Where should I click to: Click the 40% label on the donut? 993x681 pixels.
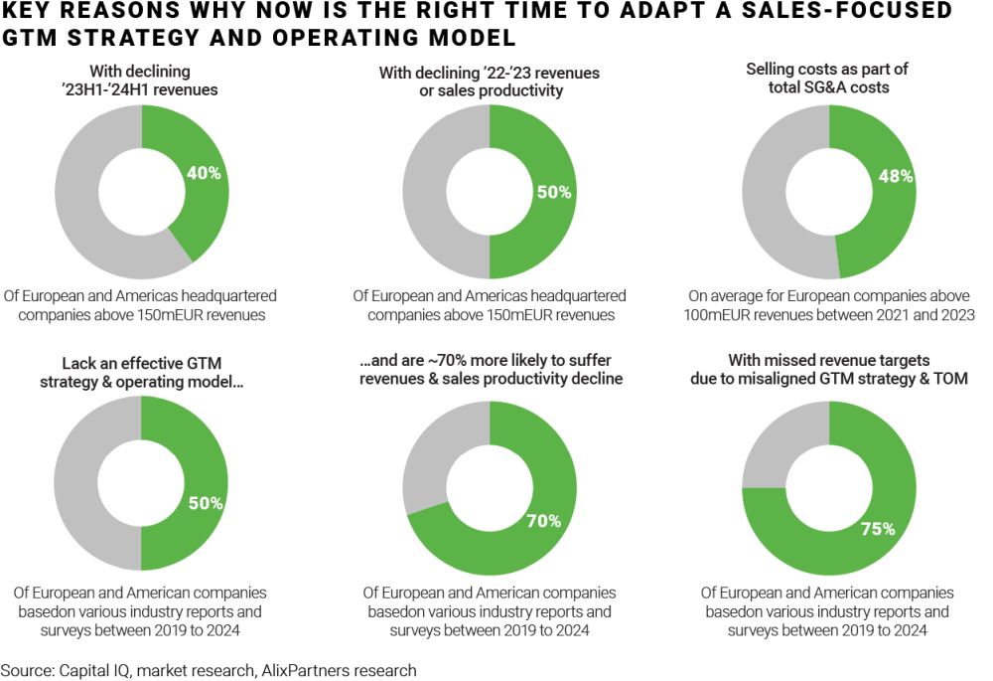tap(204, 173)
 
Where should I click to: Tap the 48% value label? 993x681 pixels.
tap(896, 177)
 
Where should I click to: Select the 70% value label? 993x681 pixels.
tap(544, 520)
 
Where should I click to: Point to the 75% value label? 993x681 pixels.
tap(878, 529)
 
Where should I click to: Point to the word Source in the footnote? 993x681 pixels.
tap(26, 670)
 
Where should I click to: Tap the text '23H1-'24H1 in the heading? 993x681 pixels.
tap(104, 89)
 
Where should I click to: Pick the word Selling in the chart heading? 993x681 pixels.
tap(772, 70)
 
